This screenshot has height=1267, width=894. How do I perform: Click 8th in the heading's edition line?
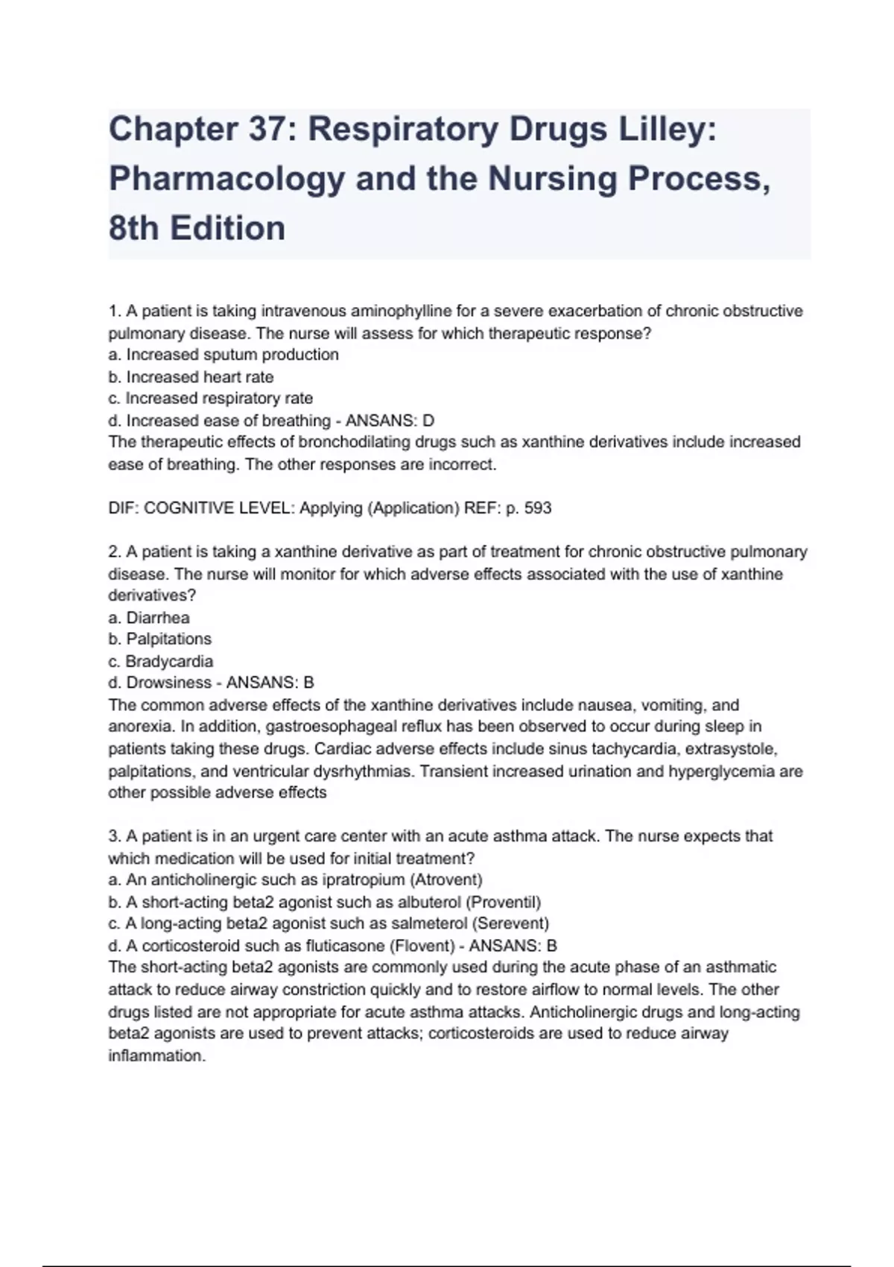(x=133, y=228)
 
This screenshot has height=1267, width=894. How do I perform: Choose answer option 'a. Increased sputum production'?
(x=223, y=355)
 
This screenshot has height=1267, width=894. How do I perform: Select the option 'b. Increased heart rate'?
(x=191, y=377)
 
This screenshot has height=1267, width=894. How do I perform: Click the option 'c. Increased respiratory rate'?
(x=210, y=399)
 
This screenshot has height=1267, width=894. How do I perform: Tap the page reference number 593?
(x=538, y=508)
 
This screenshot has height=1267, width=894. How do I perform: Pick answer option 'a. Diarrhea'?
(x=149, y=618)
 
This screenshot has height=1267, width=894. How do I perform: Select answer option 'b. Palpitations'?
(x=160, y=639)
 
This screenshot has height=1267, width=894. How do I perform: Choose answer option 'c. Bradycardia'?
(x=161, y=661)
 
